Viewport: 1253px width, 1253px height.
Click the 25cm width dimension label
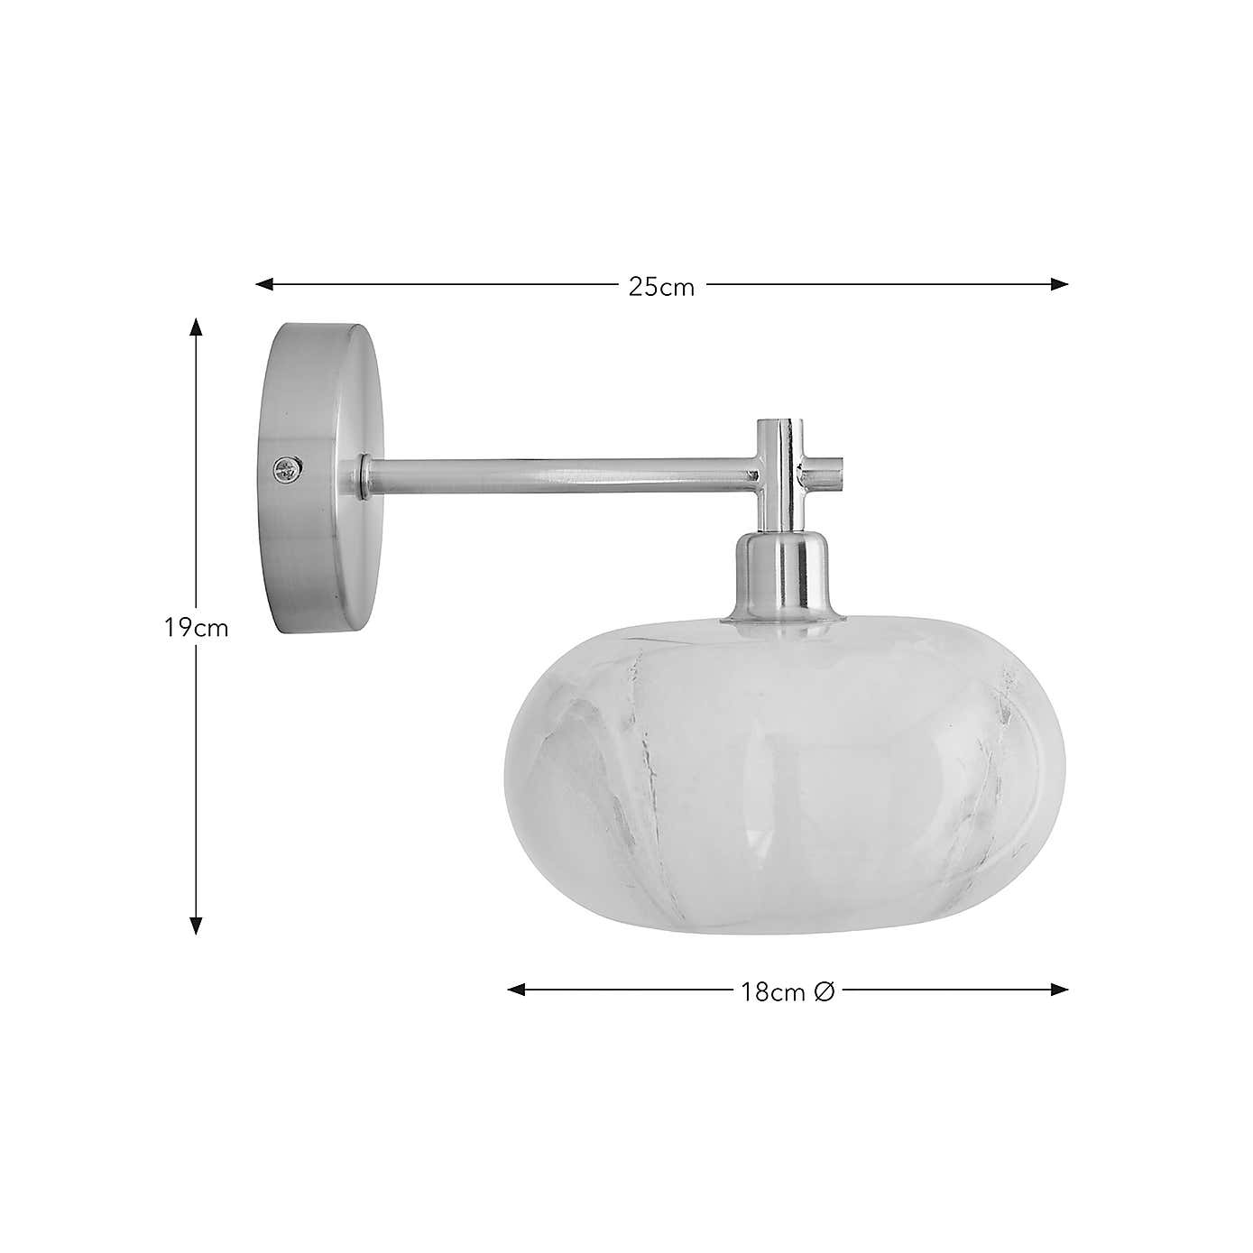(x=661, y=288)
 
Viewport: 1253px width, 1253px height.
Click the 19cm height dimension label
(x=197, y=628)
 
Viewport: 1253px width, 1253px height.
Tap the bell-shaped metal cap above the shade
(x=782, y=577)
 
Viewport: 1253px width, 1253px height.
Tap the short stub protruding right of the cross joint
(x=833, y=468)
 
